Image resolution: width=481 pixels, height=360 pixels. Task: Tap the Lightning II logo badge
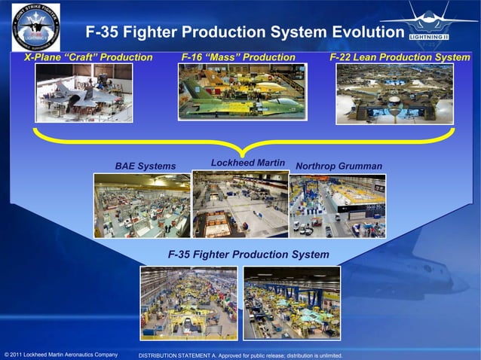[427, 34]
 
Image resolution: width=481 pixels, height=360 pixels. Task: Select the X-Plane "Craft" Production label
[88, 57]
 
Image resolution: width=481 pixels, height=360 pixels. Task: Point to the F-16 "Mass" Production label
[238, 57]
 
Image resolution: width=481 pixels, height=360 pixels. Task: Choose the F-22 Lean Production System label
[400, 57]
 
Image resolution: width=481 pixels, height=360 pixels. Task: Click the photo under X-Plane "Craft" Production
[84, 93]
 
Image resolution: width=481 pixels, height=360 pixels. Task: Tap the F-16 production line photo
[241, 91]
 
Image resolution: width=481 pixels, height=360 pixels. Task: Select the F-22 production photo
[394, 93]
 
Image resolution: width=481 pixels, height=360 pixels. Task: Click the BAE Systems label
[145, 166]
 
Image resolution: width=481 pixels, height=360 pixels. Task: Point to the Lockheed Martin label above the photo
[247, 163]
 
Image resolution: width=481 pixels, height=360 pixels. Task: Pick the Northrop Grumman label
[339, 166]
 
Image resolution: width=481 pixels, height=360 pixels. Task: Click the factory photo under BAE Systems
[142, 205]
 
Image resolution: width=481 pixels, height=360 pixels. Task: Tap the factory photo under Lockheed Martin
[240, 203]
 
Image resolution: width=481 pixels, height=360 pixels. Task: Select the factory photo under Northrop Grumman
[337, 206]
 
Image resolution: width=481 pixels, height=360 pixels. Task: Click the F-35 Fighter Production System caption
[248, 255]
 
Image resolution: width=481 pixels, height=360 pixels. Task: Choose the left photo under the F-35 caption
[188, 303]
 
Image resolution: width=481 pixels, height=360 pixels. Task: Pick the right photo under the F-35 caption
[292, 303]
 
